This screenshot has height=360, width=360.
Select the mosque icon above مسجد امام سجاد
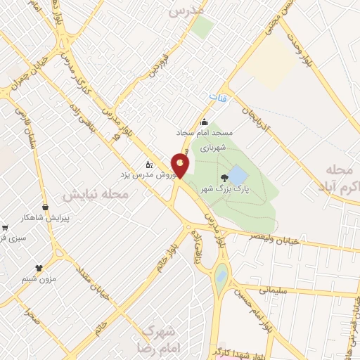tap(205, 122)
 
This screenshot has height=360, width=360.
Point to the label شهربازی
tap(210, 148)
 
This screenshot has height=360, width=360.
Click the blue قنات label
tap(224, 98)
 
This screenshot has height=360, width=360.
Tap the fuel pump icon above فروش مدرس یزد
tap(149, 163)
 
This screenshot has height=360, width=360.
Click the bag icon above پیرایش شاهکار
tap(46, 207)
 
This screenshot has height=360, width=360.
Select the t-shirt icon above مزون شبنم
tap(38, 268)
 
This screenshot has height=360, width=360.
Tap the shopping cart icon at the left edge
tap(5, 227)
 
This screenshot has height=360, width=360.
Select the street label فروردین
tap(153, 63)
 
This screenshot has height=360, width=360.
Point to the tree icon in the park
tap(224, 177)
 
